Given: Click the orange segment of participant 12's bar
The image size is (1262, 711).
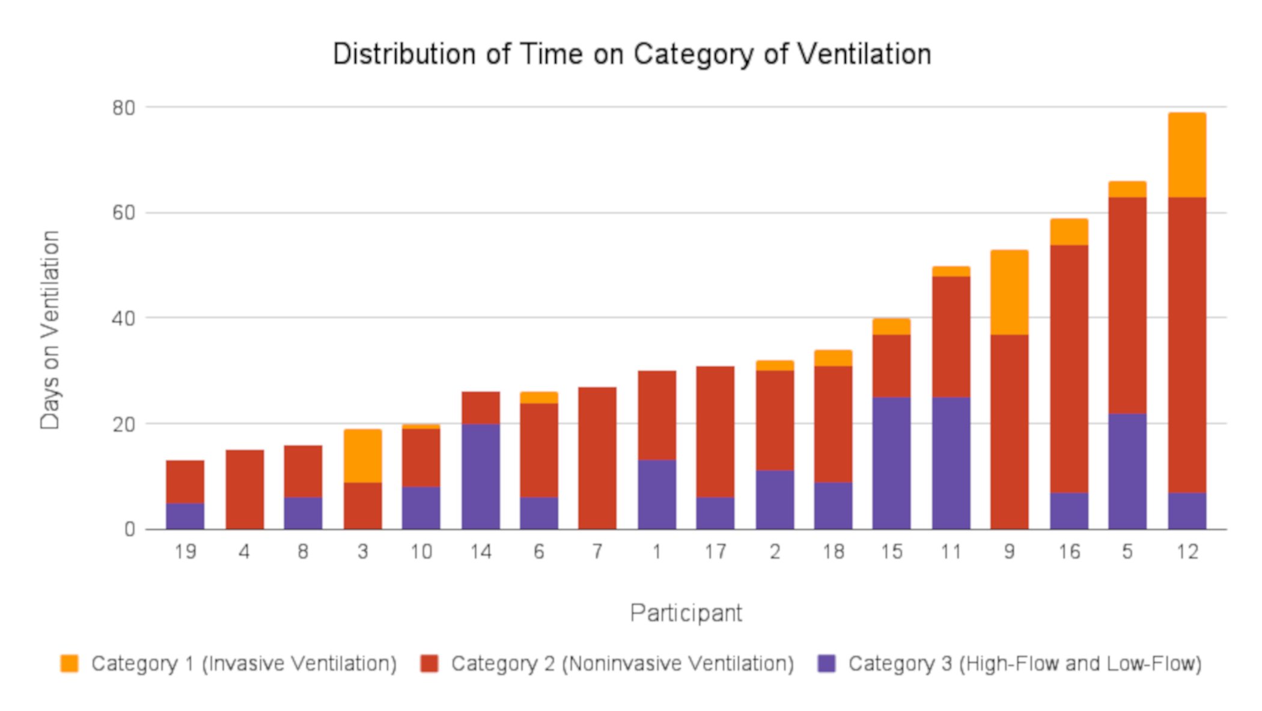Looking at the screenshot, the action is pyautogui.click(x=1187, y=155).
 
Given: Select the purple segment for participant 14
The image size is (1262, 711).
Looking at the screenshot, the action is pyautogui.click(x=481, y=477).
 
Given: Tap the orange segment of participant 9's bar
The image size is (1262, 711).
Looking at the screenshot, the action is pyautogui.click(x=1010, y=293).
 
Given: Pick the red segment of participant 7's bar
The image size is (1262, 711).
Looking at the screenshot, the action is pyautogui.click(x=597, y=458).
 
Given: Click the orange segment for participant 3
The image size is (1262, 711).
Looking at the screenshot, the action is pyautogui.click(x=362, y=456).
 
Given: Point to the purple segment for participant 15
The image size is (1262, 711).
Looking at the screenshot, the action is pyautogui.click(x=892, y=463).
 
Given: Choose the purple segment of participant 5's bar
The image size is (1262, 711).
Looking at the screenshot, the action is pyautogui.click(x=1127, y=472).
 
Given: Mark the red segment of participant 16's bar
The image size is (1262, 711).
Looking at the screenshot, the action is pyautogui.click(x=1069, y=369).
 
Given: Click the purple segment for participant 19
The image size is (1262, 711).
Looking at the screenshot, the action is pyautogui.click(x=185, y=516).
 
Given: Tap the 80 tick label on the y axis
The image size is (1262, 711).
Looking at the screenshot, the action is pyautogui.click(x=124, y=108).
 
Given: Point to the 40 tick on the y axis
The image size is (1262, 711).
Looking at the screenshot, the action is pyautogui.click(x=124, y=319).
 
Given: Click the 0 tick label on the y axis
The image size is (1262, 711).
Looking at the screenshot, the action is pyautogui.click(x=130, y=529).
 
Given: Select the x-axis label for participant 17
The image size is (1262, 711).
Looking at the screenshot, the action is pyautogui.click(x=715, y=552).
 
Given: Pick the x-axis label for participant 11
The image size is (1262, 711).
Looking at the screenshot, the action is pyautogui.click(x=951, y=552).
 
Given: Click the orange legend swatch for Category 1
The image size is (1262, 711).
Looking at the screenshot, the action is pyautogui.click(x=70, y=664).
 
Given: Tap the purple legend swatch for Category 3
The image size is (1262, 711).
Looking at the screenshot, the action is pyautogui.click(x=827, y=664).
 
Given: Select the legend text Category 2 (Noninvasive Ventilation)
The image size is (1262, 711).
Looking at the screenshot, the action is pyautogui.click(x=623, y=664).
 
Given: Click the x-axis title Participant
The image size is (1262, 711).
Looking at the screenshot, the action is pyautogui.click(x=686, y=614).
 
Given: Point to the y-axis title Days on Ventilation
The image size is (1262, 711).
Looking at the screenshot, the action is pyautogui.click(x=50, y=330).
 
